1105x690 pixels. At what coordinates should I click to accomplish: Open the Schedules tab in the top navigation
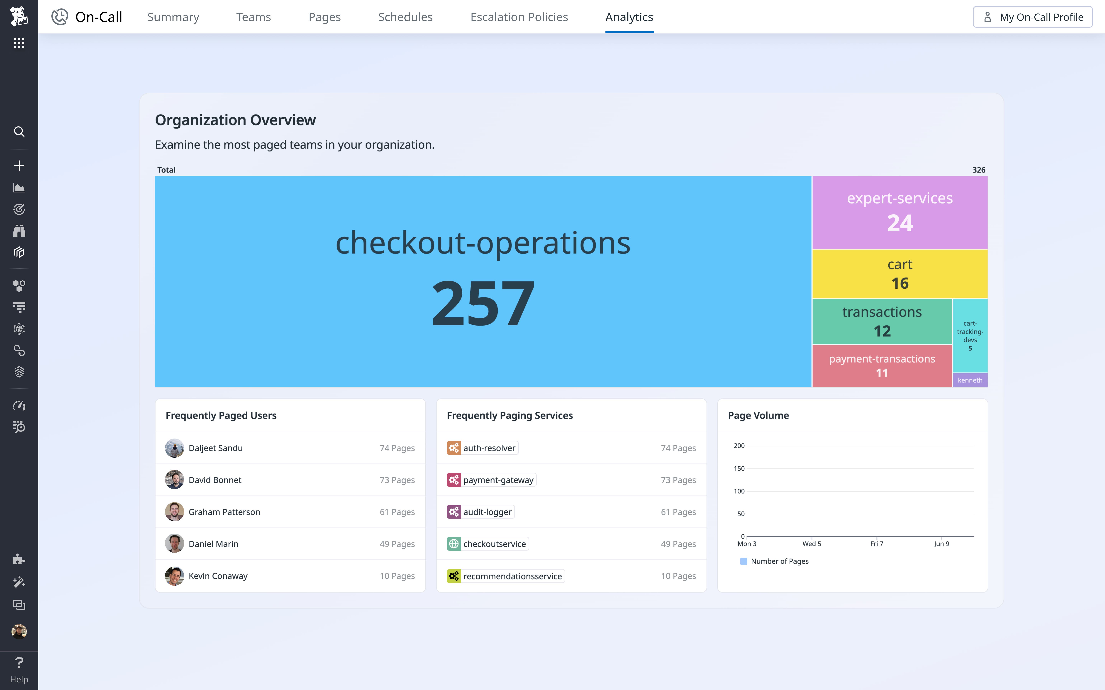tap(405, 17)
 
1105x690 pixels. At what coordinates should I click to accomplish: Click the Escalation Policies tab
tap(519, 17)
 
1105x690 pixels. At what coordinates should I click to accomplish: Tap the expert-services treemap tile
tap(900, 212)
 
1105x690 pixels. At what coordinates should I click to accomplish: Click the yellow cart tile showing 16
tap(900, 274)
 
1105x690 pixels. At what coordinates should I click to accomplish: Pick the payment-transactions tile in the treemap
tap(882, 366)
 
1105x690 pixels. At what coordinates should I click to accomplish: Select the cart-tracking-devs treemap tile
tap(970, 335)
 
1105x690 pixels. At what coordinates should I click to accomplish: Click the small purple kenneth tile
tap(970, 380)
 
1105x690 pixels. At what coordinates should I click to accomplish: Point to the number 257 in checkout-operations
tap(483, 303)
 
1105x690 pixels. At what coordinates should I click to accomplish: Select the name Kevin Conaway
tap(218, 576)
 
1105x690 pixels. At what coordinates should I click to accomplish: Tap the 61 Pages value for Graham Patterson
tap(397, 512)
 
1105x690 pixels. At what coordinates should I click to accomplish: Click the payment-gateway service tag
tap(498, 480)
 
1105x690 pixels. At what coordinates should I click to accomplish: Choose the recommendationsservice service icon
tap(454, 576)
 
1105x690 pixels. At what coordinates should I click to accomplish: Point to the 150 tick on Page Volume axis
tap(739, 468)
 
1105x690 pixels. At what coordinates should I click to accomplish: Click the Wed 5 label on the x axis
tap(811, 544)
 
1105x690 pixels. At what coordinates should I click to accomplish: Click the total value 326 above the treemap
tap(979, 170)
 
